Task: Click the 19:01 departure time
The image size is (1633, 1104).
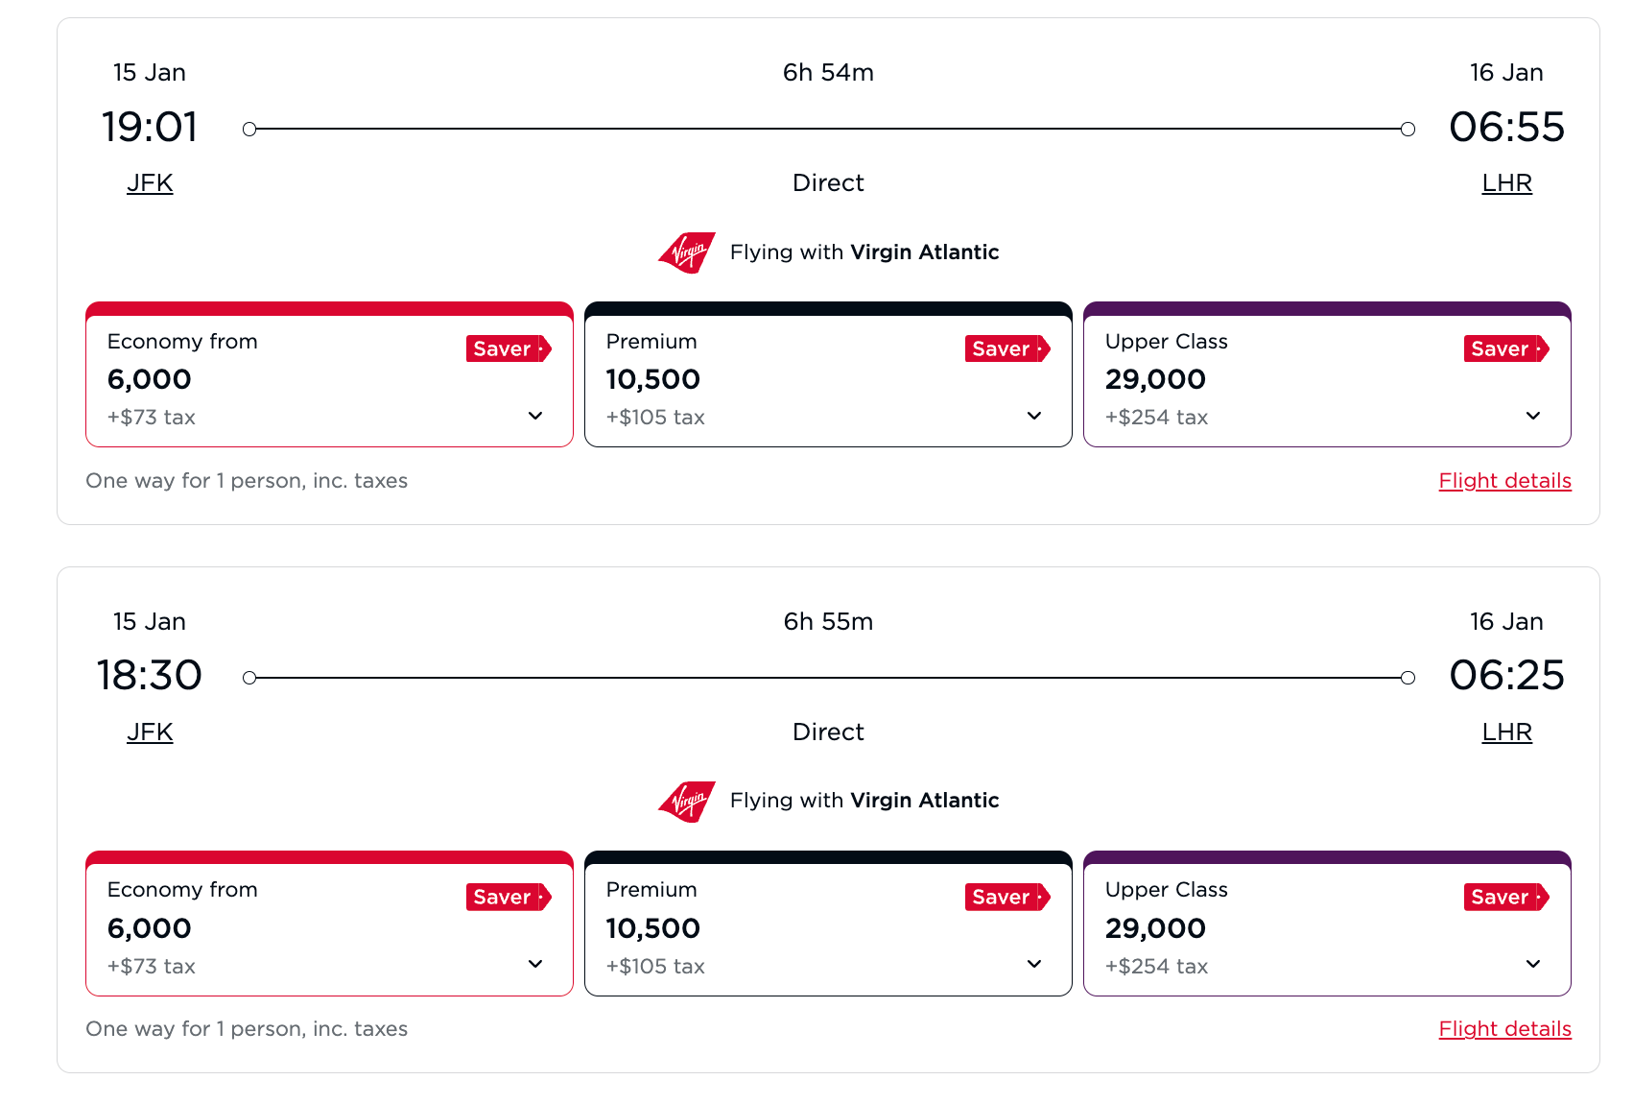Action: tap(150, 128)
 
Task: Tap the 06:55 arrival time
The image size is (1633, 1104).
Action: tap(1506, 128)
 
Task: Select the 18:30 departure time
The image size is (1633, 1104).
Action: tap(150, 676)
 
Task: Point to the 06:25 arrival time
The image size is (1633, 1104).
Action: tap(1506, 676)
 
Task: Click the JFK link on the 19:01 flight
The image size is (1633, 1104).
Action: tap(150, 183)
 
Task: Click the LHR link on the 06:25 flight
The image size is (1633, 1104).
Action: tap(1506, 732)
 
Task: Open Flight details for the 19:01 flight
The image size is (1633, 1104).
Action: tap(1504, 481)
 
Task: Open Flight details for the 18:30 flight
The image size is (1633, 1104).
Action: tap(1504, 1029)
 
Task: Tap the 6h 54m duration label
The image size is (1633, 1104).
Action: tap(828, 73)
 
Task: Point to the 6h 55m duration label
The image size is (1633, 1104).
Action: tap(828, 622)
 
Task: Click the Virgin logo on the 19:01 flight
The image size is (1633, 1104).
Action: tap(687, 253)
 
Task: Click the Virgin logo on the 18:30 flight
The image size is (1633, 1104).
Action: tap(687, 802)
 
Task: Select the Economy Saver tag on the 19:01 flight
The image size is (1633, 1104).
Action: tap(508, 349)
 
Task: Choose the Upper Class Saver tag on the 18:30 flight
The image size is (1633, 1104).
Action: tap(1505, 898)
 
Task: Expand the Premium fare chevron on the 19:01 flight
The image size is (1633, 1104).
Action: tap(1034, 416)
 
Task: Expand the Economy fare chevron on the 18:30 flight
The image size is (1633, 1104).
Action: tap(535, 964)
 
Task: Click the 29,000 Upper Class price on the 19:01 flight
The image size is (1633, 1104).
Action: tap(1155, 380)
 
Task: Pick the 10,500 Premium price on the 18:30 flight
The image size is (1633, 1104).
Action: tap(653, 928)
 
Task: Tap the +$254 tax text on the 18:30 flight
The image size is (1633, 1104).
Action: tap(1156, 967)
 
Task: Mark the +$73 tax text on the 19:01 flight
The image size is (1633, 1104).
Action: tap(152, 418)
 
